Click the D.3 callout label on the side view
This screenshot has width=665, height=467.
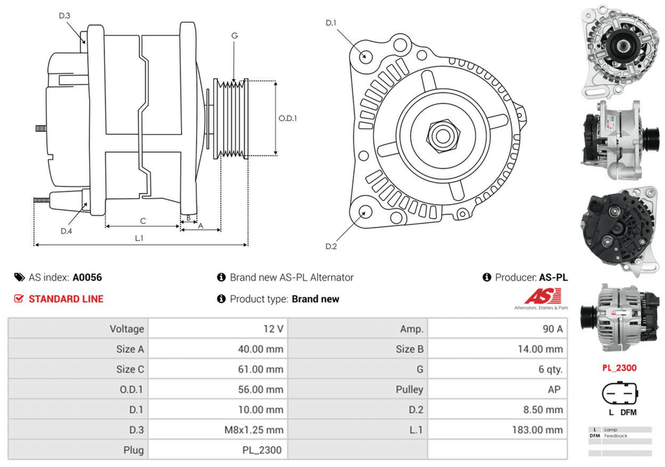coord(65,15)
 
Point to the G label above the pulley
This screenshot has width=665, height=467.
coord(235,35)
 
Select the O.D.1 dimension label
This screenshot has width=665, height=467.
coord(287,118)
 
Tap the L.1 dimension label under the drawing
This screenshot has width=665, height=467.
coord(140,237)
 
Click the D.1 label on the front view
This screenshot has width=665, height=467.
coord(331,23)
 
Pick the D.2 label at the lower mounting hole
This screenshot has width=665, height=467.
coord(331,247)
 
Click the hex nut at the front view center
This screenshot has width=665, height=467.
coord(440,135)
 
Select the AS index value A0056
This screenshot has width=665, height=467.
coord(87,277)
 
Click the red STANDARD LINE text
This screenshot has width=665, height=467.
coord(66,299)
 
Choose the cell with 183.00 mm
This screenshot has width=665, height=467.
coord(537,430)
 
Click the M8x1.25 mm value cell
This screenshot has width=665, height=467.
coord(253,430)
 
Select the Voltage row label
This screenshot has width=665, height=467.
coord(126,329)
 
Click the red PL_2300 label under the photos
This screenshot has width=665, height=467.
coord(619,367)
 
